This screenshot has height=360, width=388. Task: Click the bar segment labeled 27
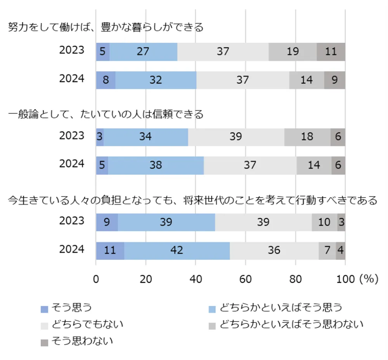(x=143, y=52)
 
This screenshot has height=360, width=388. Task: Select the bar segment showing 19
(x=293, y=52)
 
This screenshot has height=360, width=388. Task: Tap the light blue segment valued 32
(x=156, y=80)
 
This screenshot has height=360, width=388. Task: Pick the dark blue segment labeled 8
(x=106, y=80)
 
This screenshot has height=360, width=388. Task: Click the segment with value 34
(x=145, y=137)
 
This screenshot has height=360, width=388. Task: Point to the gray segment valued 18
(x=307, y=137)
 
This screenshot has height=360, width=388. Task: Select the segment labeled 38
(x=156, y=165)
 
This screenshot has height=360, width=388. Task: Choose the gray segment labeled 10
(x=324, y=222)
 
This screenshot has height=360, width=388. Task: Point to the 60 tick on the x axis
(x=246, y=279)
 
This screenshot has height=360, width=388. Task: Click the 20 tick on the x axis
(x=146, y=279)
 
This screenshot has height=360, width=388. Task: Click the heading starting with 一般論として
(x=106, y=114)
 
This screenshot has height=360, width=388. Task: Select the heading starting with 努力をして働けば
(x=106, y=28)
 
